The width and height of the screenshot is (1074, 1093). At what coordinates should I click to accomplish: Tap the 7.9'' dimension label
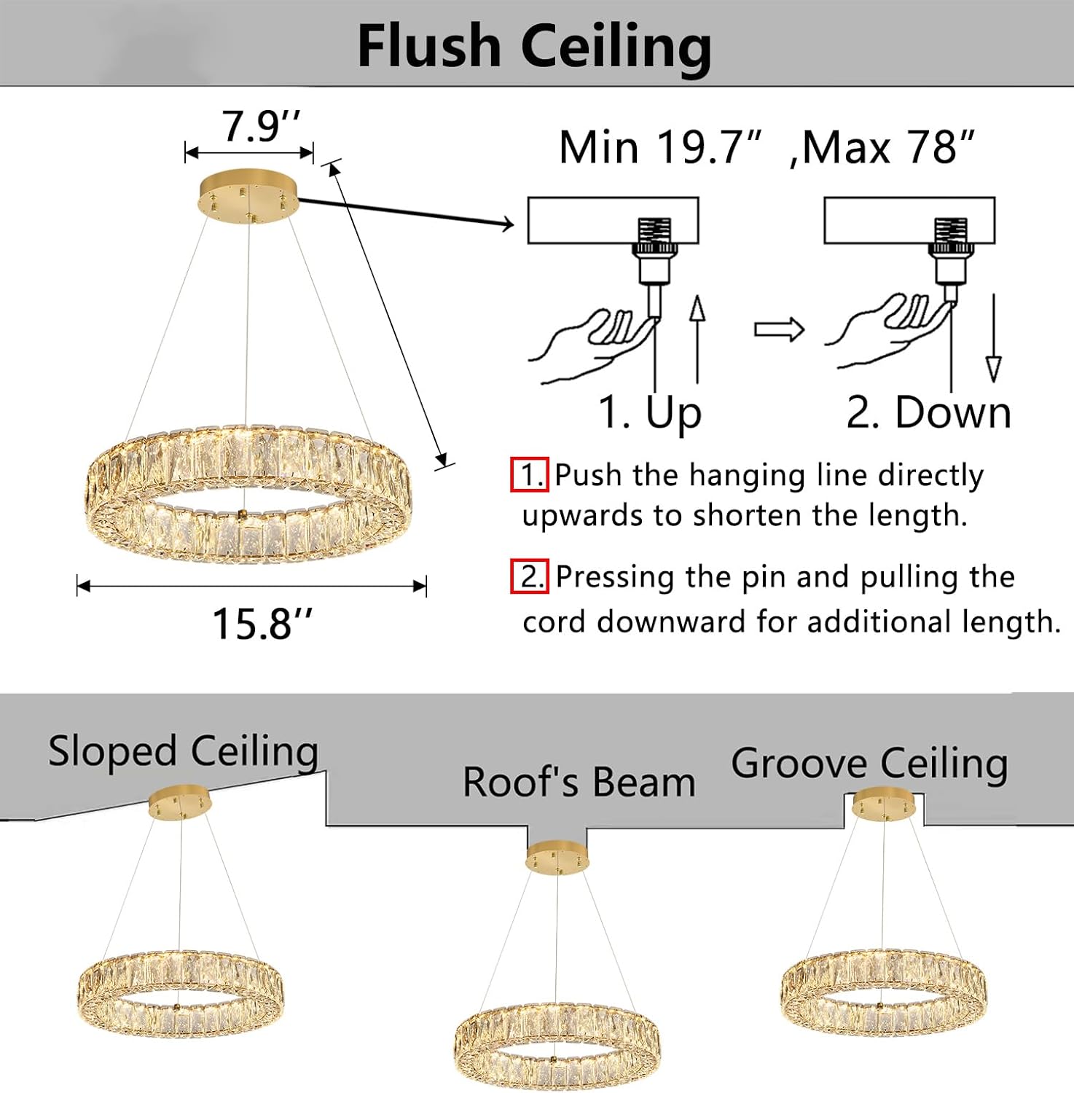tap(260, 126)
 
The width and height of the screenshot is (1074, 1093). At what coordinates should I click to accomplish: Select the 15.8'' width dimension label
tap(262, 624)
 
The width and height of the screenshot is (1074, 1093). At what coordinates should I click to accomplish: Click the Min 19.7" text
tap(660, 147)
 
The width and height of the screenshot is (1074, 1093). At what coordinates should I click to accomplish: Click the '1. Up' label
tap(649, 412)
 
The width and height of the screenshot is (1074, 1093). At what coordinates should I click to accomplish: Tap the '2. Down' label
tap(928, 412)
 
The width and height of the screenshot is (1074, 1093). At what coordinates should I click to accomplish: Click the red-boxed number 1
tap(529, 475)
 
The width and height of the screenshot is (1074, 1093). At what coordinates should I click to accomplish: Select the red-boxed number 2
tap(530, 577)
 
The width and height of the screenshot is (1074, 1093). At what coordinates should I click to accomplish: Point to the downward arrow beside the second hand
tap(993, 339)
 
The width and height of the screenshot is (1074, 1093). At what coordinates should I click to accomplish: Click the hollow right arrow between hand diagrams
tap(779, 330)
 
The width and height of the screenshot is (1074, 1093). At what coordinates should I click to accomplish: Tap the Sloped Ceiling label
tap(183, 752)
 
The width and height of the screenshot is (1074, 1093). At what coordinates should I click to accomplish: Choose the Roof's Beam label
tap(579, 783)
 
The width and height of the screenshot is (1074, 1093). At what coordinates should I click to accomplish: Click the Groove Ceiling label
tap(869, 764)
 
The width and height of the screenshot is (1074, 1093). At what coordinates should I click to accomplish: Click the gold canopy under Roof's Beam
tap(557, 857)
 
